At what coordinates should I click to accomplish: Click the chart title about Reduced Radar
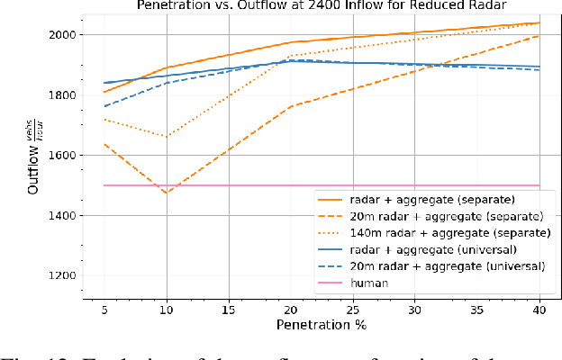[321, 5]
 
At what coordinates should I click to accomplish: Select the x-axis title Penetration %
[321, 323]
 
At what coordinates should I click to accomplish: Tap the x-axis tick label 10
[166, 307]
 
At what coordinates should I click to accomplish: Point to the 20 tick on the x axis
[290, 307]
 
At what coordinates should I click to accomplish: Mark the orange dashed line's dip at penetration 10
[166, 193]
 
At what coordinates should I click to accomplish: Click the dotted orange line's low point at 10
[166, 137]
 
